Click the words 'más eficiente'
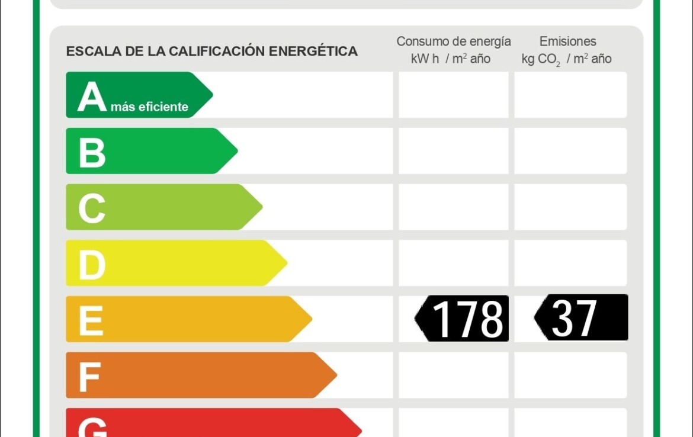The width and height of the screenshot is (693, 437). point(149,107)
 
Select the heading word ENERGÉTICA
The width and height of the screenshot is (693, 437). point(313,52)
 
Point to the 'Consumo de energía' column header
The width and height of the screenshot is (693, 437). point(453,42)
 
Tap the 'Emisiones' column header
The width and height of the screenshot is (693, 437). point(567,42)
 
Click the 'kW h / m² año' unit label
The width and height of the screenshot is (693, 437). point(451,59)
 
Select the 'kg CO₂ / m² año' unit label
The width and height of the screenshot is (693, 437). point(566,59)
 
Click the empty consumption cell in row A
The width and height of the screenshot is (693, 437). point(453,95)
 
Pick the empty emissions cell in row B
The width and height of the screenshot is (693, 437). point(570,151)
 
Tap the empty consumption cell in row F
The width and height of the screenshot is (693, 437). point(453,375)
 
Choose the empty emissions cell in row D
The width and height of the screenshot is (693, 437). point(570,263)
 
